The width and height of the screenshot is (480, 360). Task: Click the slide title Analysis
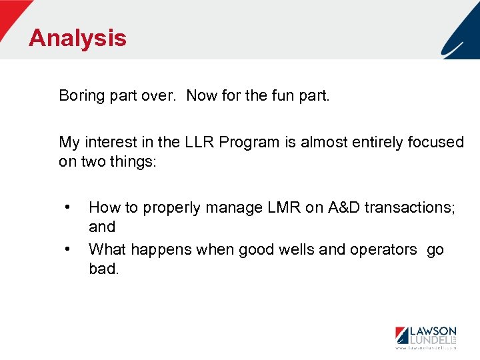point(77,38)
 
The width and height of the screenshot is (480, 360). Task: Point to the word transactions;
point(413,207)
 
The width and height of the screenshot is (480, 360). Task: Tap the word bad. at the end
point(103,269)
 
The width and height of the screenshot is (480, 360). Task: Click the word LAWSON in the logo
point(432,331)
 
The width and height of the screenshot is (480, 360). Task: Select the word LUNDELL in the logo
point(429,340)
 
